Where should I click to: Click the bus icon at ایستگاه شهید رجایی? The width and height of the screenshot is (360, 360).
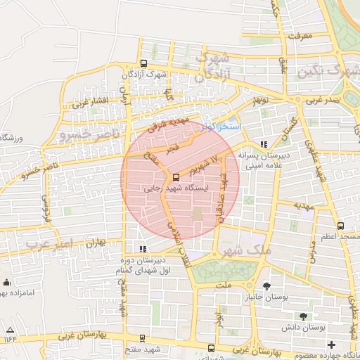click(175, 178)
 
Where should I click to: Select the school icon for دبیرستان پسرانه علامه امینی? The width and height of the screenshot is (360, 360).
click(264, 145)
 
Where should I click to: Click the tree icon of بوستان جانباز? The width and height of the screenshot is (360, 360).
click(266, 285)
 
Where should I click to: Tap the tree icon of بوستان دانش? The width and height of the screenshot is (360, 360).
click(303, 316)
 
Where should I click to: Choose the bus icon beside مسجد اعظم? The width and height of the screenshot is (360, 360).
click(341, 226)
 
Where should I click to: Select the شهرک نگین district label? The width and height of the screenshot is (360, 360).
click(329, 72)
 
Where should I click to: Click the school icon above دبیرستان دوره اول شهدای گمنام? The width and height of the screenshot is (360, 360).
click(143, 248)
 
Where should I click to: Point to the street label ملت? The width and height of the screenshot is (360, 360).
click(223, 285)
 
